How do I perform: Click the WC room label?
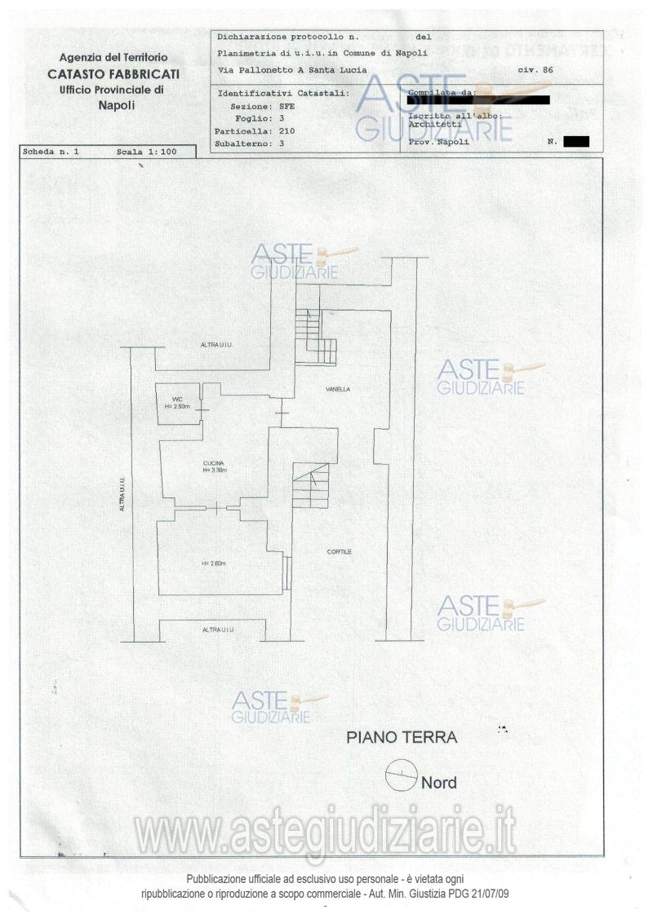coord(177,399)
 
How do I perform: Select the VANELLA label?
coord(337,390)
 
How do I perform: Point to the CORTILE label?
coord(339,552)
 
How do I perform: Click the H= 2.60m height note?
coord(215,563)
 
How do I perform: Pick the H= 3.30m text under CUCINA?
coord(215,470)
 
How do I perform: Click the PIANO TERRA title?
coord(402,737)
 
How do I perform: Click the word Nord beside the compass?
coord(438,784)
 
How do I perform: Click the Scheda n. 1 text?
coord(51,152)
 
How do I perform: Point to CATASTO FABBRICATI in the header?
coord(114,73)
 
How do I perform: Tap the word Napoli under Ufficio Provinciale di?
coord(116,105)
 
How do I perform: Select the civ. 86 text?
coord(535,70)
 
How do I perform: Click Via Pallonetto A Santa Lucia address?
coord(292,70)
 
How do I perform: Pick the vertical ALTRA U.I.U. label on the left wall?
coord(122,493)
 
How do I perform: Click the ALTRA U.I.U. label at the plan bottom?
coord(219,629)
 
